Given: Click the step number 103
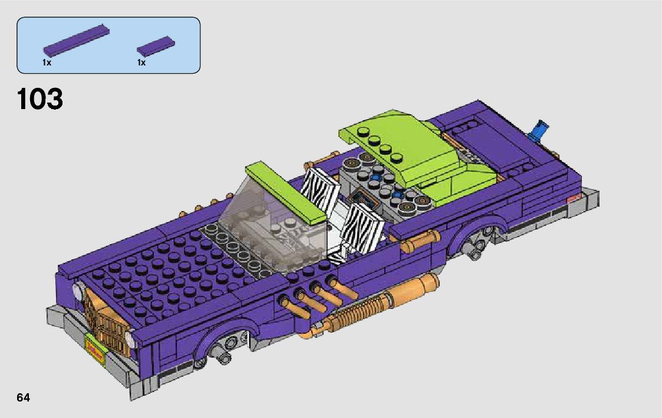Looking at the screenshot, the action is coord(40,99).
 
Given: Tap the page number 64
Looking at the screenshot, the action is coord(24,398).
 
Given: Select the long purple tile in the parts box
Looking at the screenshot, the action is coord(77,41).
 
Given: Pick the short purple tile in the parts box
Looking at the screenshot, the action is coord(156,46).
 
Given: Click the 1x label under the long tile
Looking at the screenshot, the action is coord(47,63).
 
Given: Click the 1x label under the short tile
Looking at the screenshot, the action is coord(141,63).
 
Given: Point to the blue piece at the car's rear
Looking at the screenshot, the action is coord(539,129).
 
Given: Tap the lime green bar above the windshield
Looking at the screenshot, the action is coord(286,192).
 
